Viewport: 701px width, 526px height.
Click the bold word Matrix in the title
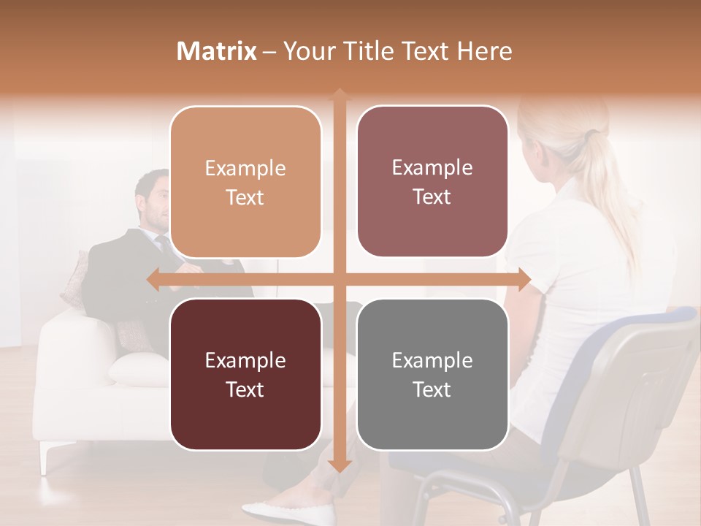tap(217, 51)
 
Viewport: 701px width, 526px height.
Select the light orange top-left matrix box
tap(245, 182)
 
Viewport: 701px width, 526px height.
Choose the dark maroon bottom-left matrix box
tap(245, 374)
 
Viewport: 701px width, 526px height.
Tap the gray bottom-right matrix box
tap(432, 374)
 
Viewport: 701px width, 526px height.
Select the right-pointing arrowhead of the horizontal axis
tap(524, 280)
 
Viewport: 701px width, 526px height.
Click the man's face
tap(158, 200)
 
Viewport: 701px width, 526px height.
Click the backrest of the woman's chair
tap(643, 380)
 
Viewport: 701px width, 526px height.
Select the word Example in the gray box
tap(432, 360)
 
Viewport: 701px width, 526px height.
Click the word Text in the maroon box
tap(245, 389)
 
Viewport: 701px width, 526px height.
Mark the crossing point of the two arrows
tap(340, 280)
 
